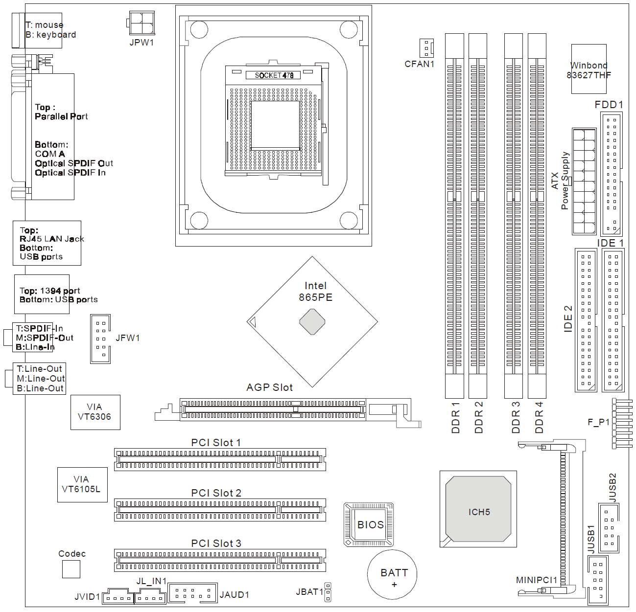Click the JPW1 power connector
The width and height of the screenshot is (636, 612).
(142, 23)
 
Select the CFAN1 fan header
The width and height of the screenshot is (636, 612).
(426, 48)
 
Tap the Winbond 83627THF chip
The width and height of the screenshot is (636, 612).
(589, 69)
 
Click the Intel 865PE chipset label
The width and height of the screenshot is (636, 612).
(315, 292)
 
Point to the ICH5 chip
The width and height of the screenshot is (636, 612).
(478, 509)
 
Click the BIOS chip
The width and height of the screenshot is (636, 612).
(369, 524)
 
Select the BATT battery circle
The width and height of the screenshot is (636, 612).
(392, 574)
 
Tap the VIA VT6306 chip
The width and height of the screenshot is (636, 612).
(95, 412)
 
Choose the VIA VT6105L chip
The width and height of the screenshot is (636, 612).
(82, 485)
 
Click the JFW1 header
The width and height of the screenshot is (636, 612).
(100, 339)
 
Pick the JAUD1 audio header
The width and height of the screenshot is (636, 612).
(193, 593)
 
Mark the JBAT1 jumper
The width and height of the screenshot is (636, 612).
(328, 592)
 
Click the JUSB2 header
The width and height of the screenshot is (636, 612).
(609, 528)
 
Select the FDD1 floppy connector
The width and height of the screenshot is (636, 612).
(611, 174)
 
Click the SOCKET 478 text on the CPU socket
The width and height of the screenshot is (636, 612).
(274, 75)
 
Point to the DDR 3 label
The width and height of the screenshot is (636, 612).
(516, 417)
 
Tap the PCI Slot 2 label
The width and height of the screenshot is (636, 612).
(216, 493)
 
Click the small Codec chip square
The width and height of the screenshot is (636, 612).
(71, 569)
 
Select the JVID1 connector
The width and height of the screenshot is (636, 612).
(118, 596)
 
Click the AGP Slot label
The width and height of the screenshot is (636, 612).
(269, 387)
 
